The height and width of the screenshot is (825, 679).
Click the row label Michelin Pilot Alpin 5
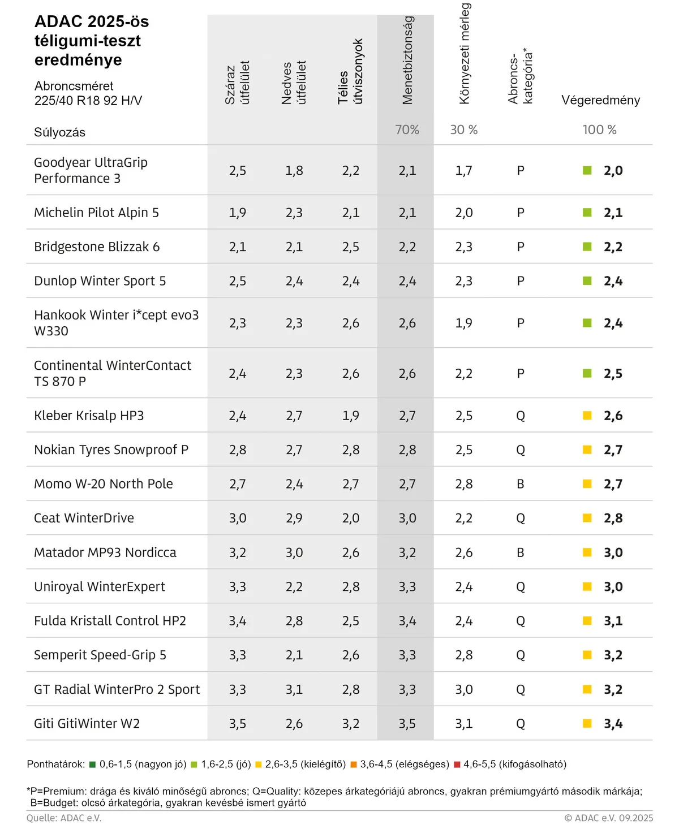[x=96, y=213]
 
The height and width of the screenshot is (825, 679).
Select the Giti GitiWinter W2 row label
[x=87, y=723]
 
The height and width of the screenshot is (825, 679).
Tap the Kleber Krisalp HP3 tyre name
[x=89, y=416]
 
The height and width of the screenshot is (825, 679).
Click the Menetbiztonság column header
[x=407, y=61]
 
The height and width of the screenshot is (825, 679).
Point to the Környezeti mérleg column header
[x=465, y=54]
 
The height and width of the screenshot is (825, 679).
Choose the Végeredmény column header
[x=600, y=100]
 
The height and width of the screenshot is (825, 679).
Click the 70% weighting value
[x=407, y=129]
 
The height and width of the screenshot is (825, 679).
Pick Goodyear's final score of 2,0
[x=613, y=170]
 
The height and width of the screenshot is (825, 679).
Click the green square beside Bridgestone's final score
[x=587, y=247]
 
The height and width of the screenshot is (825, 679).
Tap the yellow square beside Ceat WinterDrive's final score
[x=587, y=518]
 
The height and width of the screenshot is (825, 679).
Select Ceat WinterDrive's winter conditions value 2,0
[x=351, y=518]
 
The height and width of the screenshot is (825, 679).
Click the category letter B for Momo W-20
[x=521, y=484]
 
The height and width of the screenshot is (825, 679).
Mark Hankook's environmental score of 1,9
[x=464, y=323]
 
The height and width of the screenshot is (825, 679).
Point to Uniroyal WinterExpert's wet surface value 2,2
[x=294, y=586]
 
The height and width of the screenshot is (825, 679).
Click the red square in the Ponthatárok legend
[x=457, y=764]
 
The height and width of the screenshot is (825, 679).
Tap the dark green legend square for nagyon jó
[x=93, y=764]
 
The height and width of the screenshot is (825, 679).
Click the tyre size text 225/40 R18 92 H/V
[x=88, y=101]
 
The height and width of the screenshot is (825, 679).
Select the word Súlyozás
[x=59, y=132]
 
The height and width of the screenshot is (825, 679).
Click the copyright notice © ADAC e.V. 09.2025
[x=608, y=818]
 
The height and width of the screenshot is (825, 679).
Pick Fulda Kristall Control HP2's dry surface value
[x=238, y=621]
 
